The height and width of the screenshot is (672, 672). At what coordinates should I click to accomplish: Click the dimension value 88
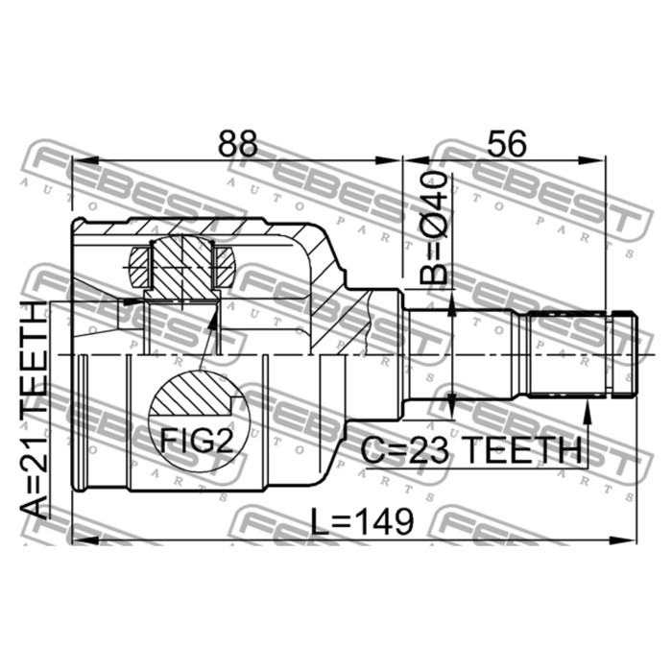tap(238, 143)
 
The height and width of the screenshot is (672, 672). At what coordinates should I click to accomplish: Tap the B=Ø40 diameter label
tap(434, 228)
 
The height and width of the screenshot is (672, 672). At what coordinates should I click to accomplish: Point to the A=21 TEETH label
tap(35, 409)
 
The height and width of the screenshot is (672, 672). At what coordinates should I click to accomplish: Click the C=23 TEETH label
tap(471, 450)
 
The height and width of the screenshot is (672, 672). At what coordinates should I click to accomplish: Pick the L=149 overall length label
tap(362, 521)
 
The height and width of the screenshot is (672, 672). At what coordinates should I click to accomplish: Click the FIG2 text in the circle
tap(197, 440)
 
